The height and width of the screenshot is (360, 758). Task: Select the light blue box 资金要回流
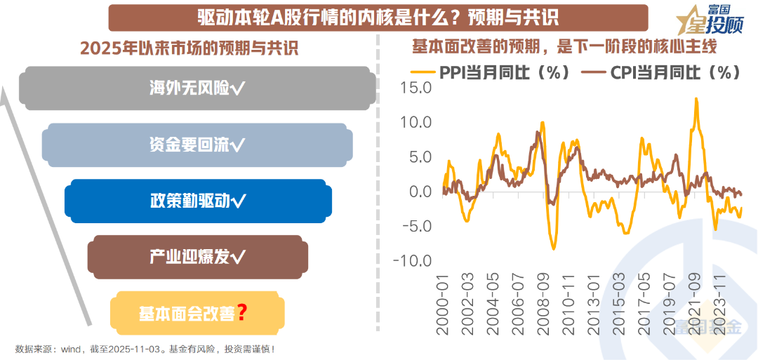click(197, 145)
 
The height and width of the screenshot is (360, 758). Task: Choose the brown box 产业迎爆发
click(197, 257)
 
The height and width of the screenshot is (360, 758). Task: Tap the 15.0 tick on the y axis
click(414, 88)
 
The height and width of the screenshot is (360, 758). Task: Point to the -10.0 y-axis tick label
click(412, 261)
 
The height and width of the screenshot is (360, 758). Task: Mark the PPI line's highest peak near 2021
click(696, 99)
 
